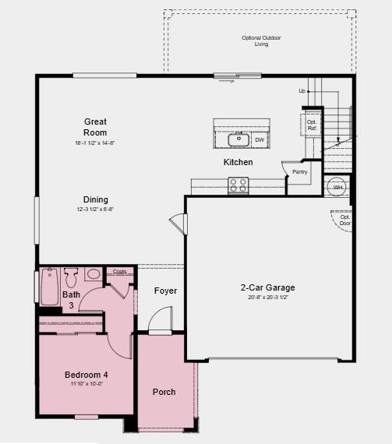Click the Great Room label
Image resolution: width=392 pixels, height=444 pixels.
(x=96, y=127)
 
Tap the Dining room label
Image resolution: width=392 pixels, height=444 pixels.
(x=96, y=199)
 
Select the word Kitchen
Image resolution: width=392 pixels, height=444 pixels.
(x=238, y=162)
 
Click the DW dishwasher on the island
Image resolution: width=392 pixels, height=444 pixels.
(x=259, y=140)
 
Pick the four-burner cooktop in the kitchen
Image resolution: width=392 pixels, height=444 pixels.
(x=238, y=185)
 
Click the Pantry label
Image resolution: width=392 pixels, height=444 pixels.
(x=299, y=172)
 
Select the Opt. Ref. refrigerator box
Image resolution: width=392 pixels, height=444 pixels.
(x=312, y=125)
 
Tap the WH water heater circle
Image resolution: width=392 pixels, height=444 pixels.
(x=337, y=188)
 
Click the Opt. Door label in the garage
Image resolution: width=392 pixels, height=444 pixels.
(x=344, y=220)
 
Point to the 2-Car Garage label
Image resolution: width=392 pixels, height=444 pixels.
(x=267, y=287)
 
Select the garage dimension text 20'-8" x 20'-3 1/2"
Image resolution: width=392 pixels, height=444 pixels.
(x=267, y=298)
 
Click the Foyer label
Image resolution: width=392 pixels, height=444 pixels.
(x=165, y=291)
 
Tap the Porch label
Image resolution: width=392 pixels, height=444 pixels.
(x=164, y=392)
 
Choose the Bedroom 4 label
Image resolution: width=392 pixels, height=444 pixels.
(x=86, y=375)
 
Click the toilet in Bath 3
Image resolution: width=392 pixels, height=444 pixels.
(x=71, y=277)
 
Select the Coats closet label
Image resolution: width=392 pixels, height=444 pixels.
(x=119, y=272)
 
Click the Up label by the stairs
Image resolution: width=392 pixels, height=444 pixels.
(x=302, y=91)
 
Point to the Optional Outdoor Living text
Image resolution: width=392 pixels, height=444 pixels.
(x=261, y=41)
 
